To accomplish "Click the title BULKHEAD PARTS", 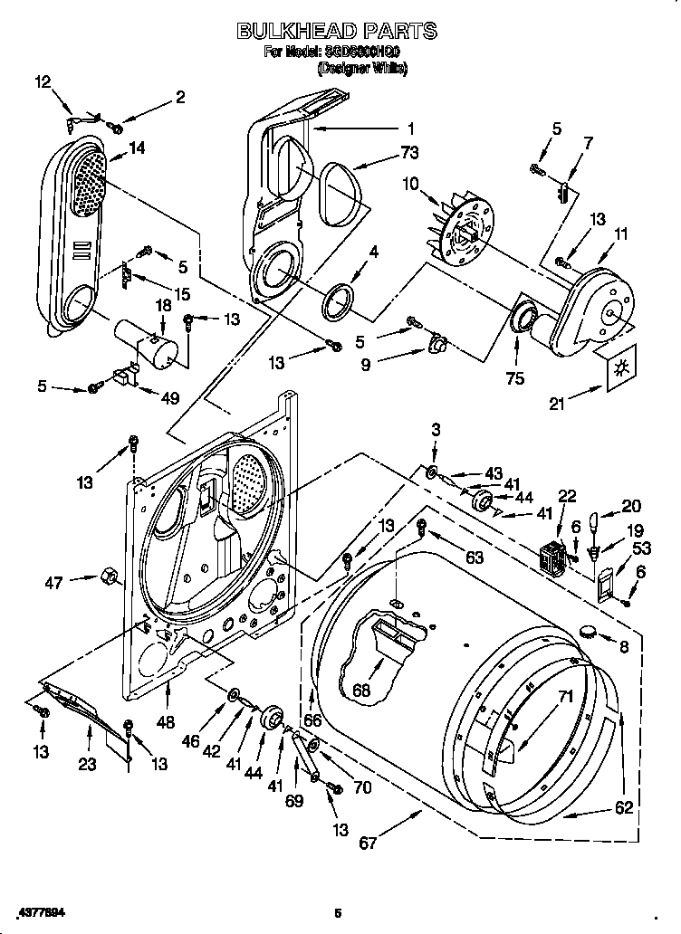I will (336, 32).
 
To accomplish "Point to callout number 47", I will (54, 583).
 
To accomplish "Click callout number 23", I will (87, 764).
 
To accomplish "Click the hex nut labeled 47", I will (105, 574).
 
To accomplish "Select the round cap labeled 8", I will (590, 630).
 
